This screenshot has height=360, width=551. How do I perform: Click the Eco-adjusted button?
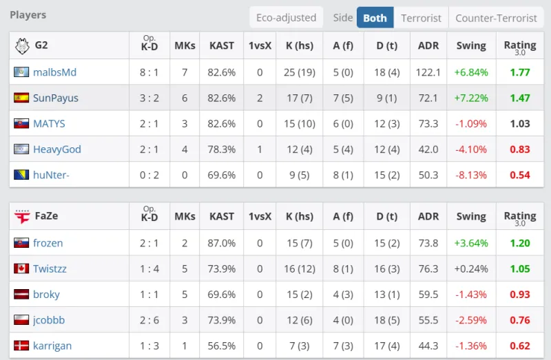click(286, 18)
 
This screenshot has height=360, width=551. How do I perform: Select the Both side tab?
click(375, 18)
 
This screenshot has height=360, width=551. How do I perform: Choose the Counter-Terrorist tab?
click(496, 18)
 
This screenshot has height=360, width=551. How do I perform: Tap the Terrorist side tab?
click(421, 18)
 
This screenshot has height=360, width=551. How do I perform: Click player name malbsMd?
click(54, 72)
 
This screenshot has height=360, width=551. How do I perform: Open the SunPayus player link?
click(55, 98)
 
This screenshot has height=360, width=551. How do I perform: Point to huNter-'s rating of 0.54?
click(520, 175)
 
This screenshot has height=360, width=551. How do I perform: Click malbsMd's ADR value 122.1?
click(428, 72)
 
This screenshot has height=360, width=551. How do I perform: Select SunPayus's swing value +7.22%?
click(471, 98)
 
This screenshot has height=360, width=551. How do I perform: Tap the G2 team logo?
click(21, 46)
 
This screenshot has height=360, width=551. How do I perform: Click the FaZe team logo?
click(22, 216)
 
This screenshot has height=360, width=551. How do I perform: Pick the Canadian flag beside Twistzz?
click(21, 268)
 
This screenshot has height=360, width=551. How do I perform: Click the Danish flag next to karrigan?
click(21, 346)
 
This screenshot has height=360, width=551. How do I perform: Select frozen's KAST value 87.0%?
click(222, 243)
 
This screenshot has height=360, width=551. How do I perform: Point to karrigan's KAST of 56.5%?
click(222, 346)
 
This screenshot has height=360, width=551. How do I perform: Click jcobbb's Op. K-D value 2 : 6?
click(149, 320)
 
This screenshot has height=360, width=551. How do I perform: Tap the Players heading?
click(28, 14)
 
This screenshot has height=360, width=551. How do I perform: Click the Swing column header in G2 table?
click(471, 46)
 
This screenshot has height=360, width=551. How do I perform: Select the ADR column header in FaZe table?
click(428, 216)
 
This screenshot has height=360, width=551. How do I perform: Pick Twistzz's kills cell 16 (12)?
click(299, 268)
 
